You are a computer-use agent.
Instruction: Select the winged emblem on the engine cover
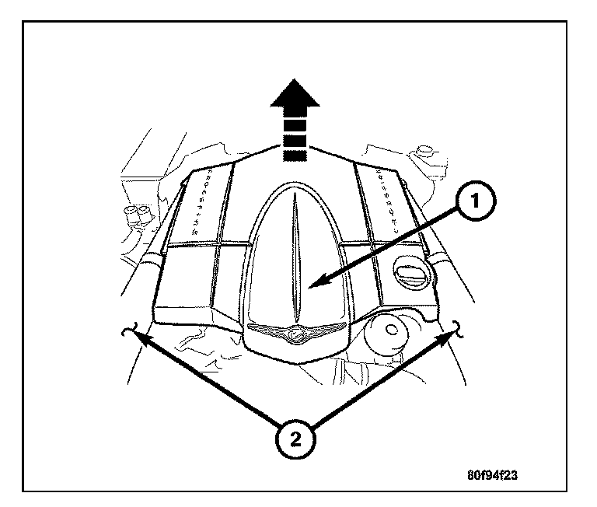pyautogui.click(x=295, y=334)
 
